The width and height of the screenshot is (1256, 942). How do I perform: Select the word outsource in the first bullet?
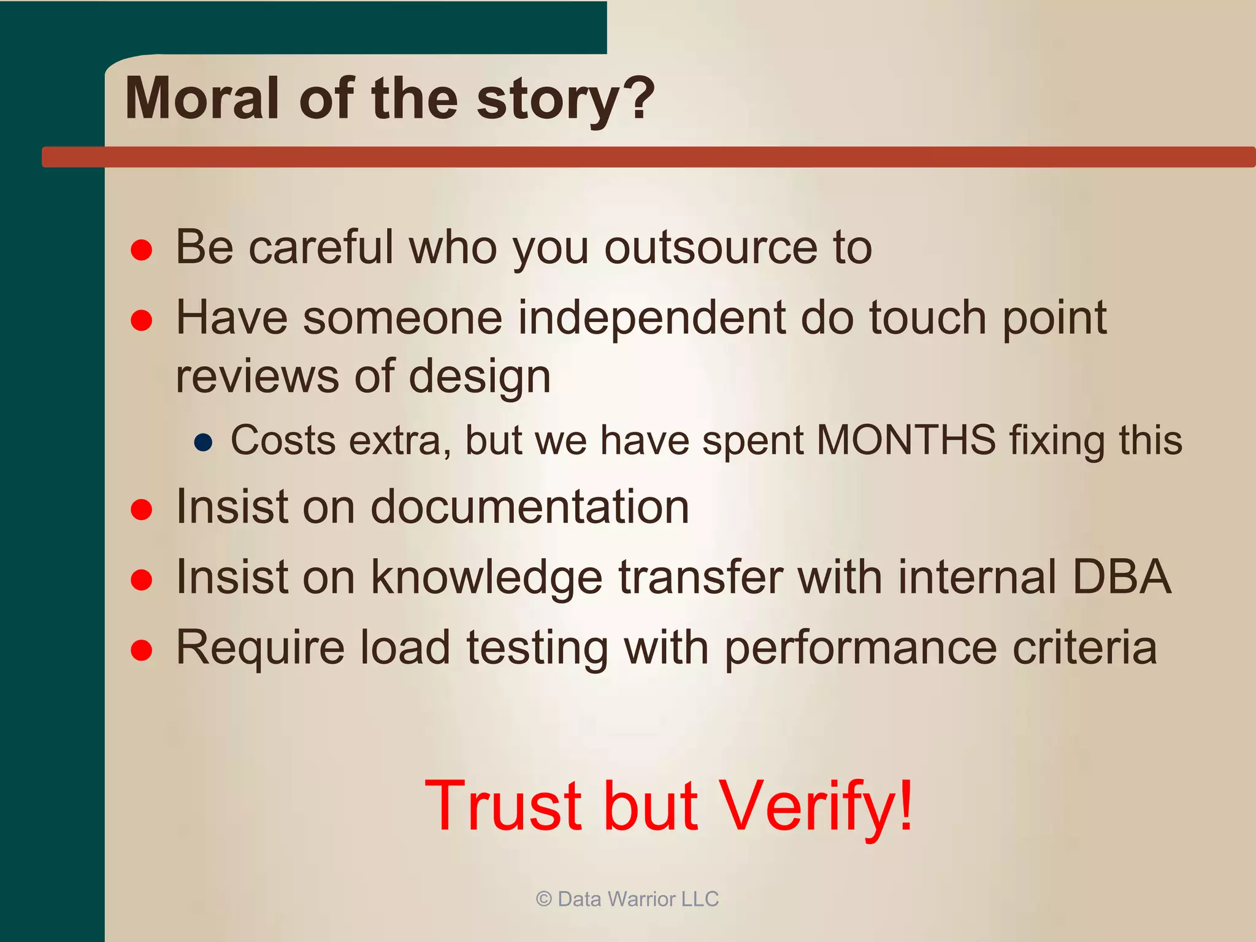coord(711,247)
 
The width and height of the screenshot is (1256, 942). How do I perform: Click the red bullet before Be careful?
coord(142,250)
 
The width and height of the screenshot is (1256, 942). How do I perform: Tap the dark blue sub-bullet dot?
coord(203,442)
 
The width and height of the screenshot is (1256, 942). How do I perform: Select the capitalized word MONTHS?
coord(906,440)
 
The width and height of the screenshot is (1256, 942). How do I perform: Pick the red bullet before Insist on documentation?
coord(142,509)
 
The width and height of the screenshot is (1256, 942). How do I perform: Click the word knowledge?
coord(487,578)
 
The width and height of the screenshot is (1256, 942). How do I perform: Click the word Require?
coord(260,649)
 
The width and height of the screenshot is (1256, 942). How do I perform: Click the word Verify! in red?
coord(816,806)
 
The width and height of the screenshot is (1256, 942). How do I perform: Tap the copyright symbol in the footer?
coord(543,899)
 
